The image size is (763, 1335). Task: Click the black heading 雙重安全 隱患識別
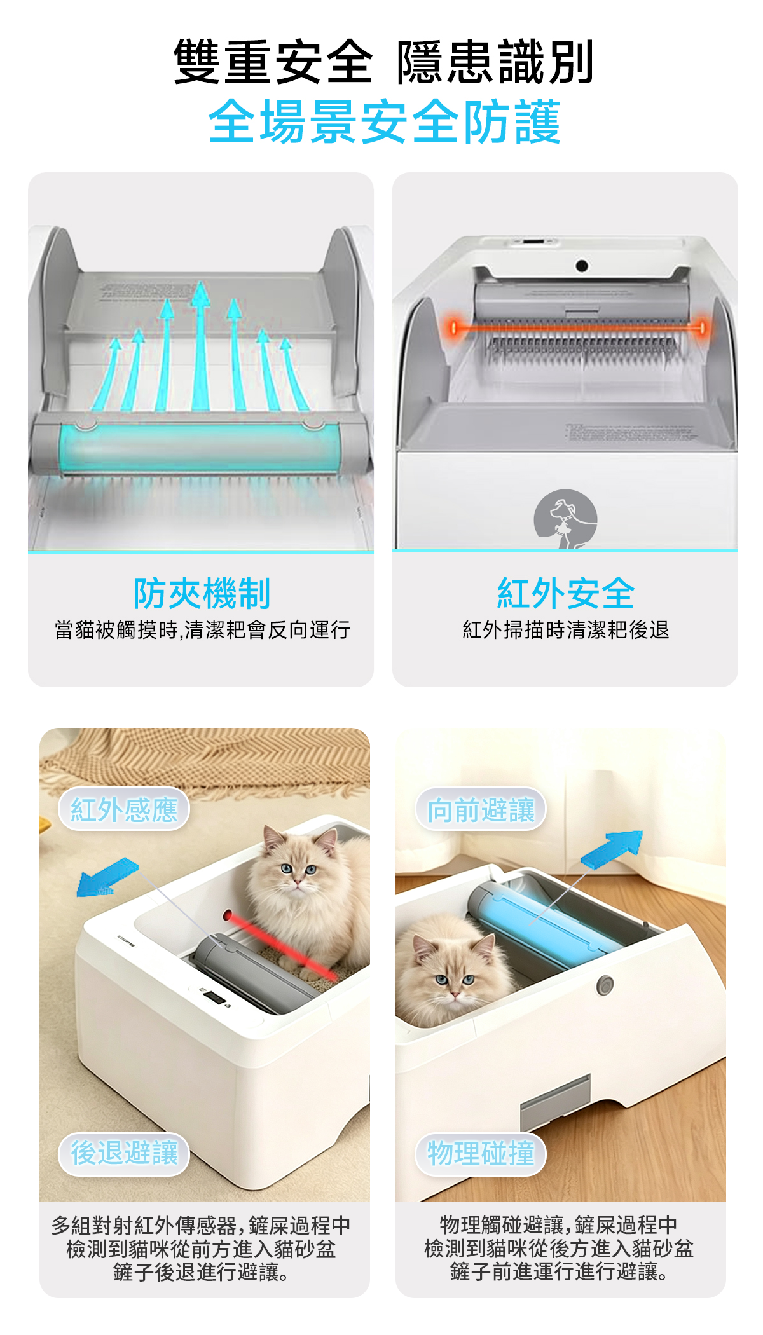pos(383,62)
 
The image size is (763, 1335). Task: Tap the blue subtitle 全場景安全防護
pos(384,121)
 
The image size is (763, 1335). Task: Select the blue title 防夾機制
pos(202,593)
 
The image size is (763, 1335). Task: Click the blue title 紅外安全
pos(565,593)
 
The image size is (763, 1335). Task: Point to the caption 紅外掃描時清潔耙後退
pos(565,630)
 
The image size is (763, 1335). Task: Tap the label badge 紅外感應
pos(124,809)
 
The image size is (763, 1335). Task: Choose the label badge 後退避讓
pos(124,1153)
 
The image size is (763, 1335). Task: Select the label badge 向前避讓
pos(481,809)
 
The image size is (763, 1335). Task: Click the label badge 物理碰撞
pos(481,1153)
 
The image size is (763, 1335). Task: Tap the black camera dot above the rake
pos(582,266)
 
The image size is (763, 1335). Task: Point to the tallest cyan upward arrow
pos(200,346)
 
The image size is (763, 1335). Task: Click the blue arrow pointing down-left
pos(106,877)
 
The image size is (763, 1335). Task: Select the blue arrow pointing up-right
pos(612,849)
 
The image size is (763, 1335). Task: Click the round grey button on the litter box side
pos(605,985)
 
